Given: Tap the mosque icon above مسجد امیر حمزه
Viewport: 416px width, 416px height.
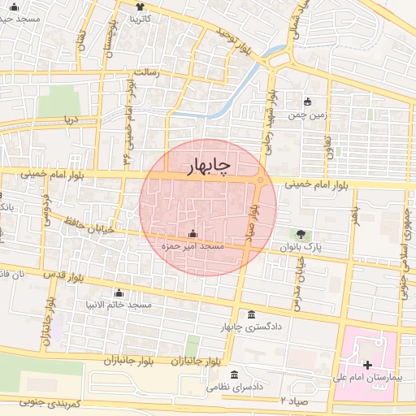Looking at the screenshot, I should point(193,234).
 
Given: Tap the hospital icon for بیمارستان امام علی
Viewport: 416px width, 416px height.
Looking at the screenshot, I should point(366,367).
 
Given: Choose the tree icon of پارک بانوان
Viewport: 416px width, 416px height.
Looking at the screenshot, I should point(302,235).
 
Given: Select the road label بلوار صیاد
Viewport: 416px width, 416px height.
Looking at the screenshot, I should point(253,221).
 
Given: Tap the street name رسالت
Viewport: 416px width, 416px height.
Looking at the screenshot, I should point(151,74).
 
